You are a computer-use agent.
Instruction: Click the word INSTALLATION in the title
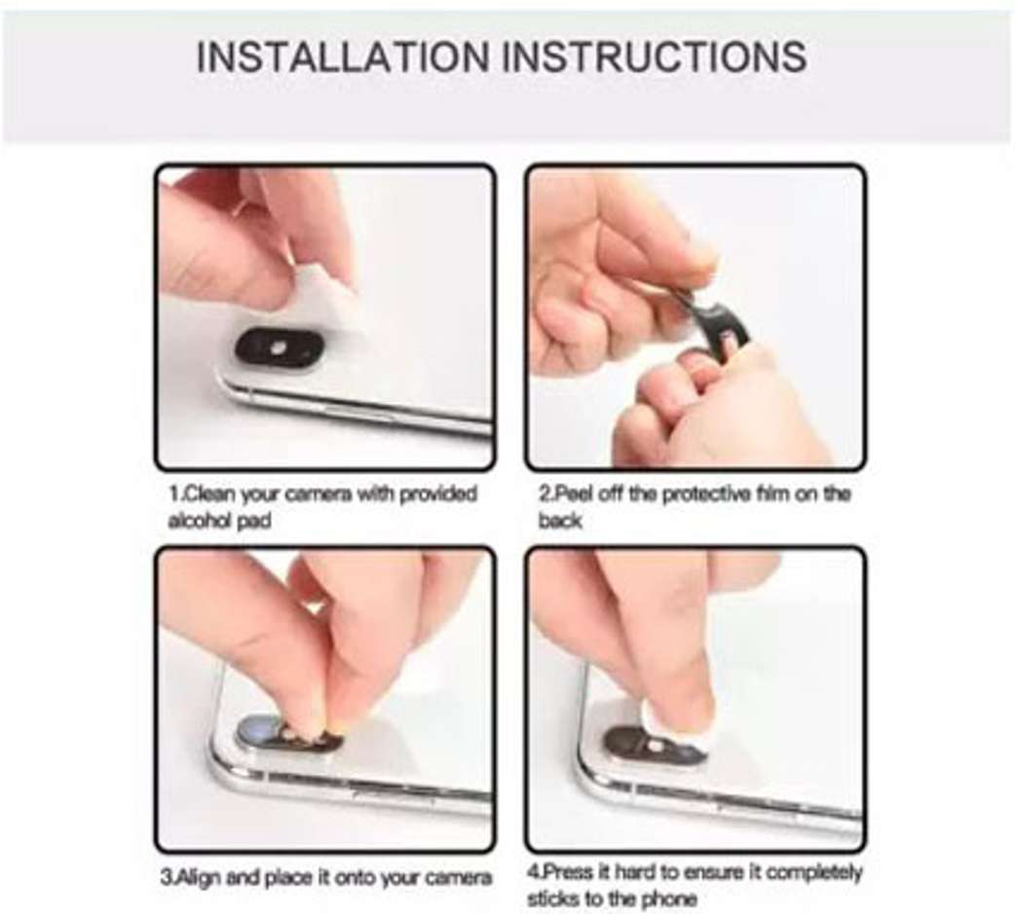(x=343, y=56)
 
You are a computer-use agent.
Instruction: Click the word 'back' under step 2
(x=560, y=521)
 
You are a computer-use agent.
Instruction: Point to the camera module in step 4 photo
(x=654, y=749)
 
